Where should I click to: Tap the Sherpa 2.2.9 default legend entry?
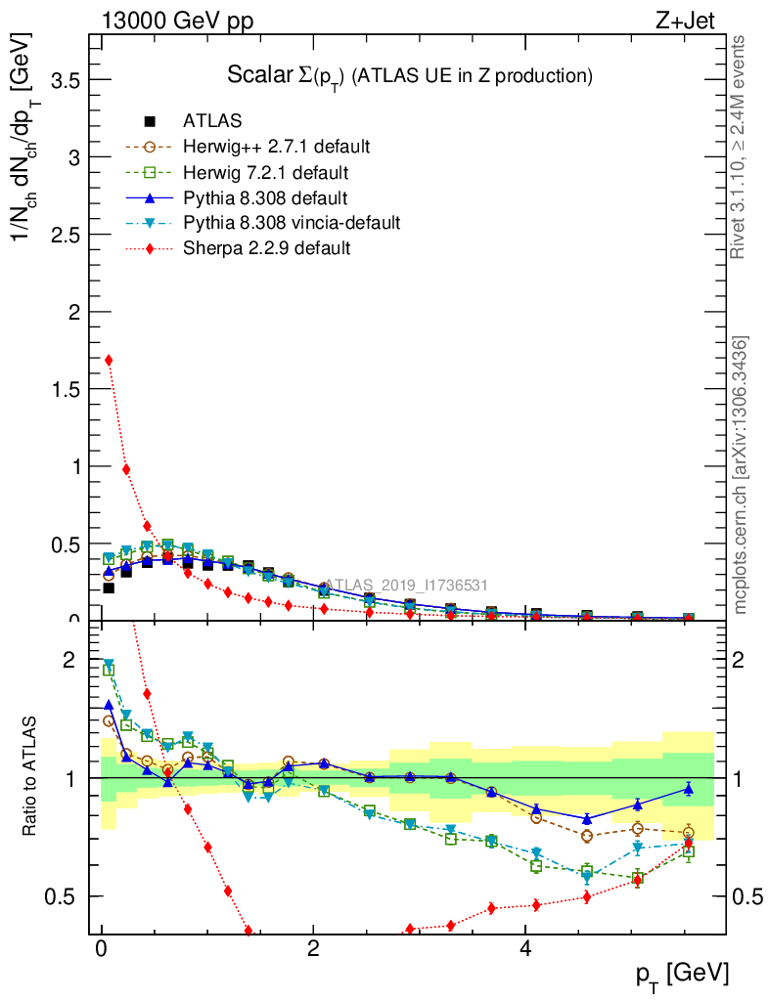click(266, 248)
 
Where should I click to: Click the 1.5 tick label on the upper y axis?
click(64, 389)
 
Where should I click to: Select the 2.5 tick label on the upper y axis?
click(64, 235)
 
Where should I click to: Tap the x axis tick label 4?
click(525, 949)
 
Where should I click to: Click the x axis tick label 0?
click(101, 949)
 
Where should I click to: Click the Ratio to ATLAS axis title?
click(31, 777)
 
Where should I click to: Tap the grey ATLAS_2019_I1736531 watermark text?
click(406, 586)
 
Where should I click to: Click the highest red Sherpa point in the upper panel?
click(109, 360)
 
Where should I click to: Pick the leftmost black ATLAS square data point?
click(109, 588)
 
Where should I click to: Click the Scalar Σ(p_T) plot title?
click(410, 74)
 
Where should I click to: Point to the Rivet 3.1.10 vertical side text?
click(739, 147)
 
